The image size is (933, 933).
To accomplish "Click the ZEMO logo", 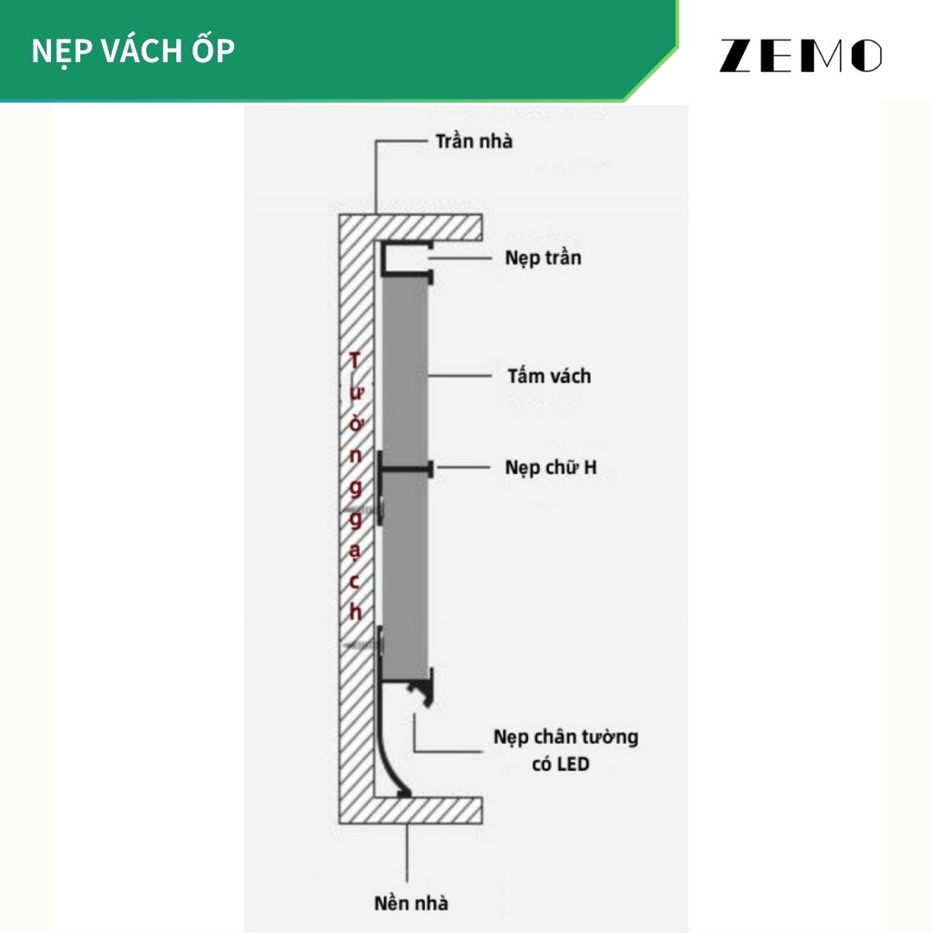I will tap(800, 55).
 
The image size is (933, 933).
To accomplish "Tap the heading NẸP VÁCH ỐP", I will tap(133, 51).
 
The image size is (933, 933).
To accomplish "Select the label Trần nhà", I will tap(473, 141).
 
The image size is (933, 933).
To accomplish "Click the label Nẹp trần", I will tap(543, 257).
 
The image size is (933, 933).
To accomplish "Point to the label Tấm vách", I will tap(549, 376).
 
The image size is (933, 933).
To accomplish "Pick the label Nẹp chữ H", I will tap(550, 468).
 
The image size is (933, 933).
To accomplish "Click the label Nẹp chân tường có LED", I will tap(566, 749).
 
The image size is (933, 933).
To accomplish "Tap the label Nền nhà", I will tap(411, 903).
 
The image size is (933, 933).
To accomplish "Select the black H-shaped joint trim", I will tap(406, 469).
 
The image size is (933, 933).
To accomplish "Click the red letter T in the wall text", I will tap(352, 360).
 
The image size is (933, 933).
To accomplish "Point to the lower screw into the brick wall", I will tap(363, 644).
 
